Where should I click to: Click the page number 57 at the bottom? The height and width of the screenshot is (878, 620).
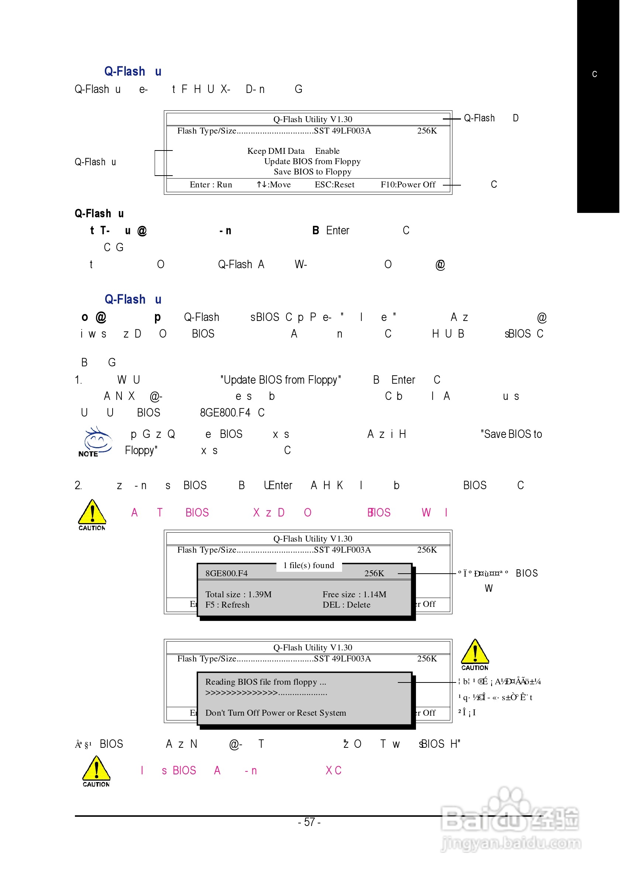tap(309, 822)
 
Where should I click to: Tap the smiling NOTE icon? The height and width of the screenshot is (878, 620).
tap(97, 441)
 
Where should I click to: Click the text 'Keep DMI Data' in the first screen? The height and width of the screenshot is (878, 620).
tap(276, 151)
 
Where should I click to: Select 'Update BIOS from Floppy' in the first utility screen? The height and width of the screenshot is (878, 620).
tap(312, 161)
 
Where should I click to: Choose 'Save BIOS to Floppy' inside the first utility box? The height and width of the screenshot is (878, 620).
tap(312, 172)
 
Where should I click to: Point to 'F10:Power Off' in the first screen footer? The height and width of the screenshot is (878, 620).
tap(408, 185)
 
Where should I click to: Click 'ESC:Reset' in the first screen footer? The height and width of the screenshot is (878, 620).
tap(334, 185)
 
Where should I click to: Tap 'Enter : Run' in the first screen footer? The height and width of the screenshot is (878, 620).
tap(211, 185)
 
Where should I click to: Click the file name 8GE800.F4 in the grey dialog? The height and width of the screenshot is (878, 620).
tap(227, 573)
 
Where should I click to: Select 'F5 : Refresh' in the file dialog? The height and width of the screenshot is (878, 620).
tap(227, 605)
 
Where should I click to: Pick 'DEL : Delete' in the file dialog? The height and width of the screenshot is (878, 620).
tap(346, 605)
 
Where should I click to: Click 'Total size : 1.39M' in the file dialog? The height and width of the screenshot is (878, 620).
tap(238, 594)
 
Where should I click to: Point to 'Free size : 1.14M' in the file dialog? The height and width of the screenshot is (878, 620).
tap(354, 594)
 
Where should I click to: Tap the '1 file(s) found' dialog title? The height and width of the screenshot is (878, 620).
tap(309, 565)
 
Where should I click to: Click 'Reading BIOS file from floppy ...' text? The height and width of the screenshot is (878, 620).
tap(265, 682)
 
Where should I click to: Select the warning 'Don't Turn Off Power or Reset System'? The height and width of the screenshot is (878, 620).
tap(275, 713)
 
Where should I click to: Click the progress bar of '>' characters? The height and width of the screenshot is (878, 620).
tap(266, 692)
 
